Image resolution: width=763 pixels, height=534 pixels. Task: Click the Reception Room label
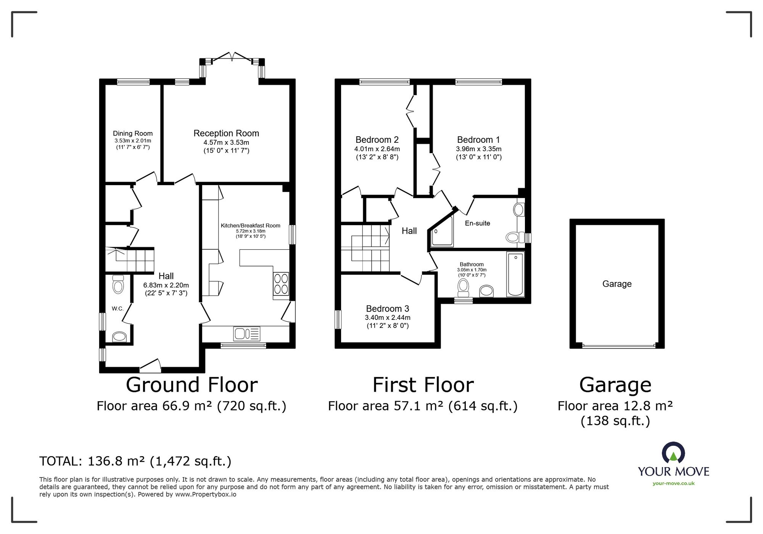[226, 133]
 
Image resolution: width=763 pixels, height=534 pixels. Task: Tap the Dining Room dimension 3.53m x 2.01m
[132, 141]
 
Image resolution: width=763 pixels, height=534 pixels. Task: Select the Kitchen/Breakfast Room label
[250, 226]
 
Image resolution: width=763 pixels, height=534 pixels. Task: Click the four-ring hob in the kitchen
[281, 284]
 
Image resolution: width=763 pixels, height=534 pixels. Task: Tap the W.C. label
[118, 308]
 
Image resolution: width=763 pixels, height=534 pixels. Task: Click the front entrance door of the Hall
[150, 366]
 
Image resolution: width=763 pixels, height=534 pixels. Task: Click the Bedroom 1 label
[478, 140]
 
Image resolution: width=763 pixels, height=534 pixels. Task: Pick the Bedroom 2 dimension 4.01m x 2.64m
[377, 149]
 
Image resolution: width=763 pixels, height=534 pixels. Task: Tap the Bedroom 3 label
[387, 308]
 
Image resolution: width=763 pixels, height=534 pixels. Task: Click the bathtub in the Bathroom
[515, 274]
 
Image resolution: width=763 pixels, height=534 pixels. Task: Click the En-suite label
[477, 223]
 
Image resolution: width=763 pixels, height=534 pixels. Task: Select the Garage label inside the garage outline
[617, 284]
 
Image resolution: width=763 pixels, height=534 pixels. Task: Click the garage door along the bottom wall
[619, 346]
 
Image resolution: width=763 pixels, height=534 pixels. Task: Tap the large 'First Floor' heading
[423, 385]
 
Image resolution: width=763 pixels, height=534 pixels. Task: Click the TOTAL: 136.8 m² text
[135, 461]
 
